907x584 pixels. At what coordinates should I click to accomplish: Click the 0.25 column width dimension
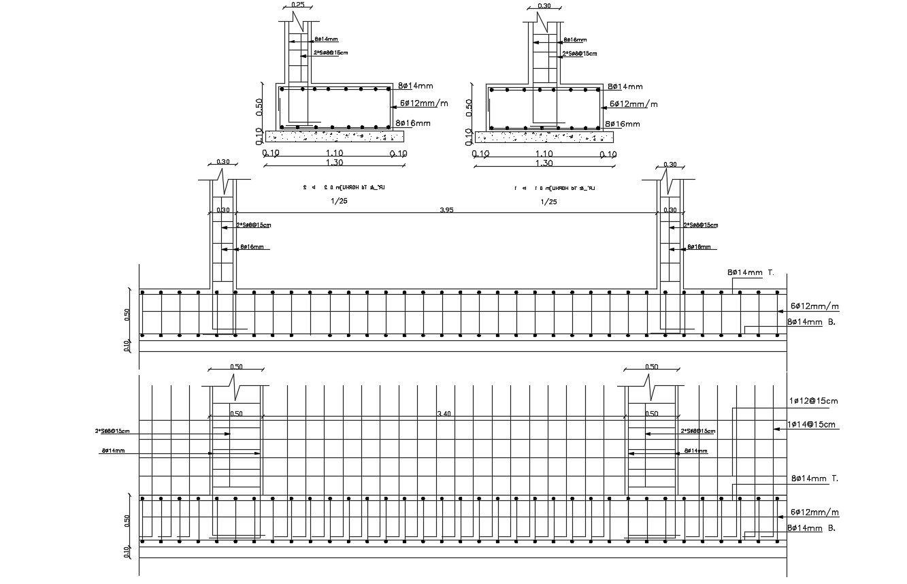(x=297, y=5)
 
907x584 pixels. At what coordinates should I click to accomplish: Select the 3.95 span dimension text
(x=446, y=210)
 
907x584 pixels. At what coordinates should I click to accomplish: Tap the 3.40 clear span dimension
(x=444, y=413)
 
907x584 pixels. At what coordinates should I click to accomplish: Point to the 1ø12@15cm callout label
(x=813, y=401)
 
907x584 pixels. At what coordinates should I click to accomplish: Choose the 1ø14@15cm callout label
(x=812, y=425)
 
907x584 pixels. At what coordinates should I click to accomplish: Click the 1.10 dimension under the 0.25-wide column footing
(x=334, y=154)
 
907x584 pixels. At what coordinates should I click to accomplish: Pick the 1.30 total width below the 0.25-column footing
(x=334, y=163)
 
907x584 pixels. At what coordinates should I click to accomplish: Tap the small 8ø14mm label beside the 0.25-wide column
(x=326, y=40)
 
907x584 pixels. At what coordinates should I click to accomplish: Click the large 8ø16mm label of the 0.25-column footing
(x=413, y=123)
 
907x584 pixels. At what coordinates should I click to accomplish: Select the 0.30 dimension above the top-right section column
(x=544, y=6)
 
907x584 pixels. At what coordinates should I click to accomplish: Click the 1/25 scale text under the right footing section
(x=548, y=201)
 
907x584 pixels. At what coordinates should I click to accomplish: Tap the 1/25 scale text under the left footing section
(x=337, y=201)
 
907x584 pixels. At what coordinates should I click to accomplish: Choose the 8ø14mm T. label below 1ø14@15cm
(x=814, y=479)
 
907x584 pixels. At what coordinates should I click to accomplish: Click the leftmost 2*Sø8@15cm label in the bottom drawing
(x=112, y=431)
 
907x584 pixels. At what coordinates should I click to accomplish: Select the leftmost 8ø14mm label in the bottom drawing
(x=113, y=451)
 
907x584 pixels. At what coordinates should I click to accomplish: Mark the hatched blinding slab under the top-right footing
(x=544, y=137)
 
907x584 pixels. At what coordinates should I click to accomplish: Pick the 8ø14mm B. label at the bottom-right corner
(x=810, y=528)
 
